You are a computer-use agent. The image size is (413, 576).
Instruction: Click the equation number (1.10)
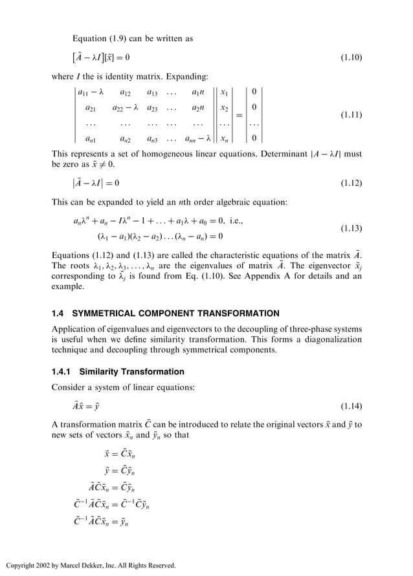coord(351,58)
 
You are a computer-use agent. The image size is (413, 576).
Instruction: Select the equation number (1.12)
coord(351,184)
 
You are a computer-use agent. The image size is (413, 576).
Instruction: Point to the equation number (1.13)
coord(351,229)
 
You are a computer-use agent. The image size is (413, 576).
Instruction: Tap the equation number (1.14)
coord(351,407)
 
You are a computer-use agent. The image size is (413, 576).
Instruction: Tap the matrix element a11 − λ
coord(91,92)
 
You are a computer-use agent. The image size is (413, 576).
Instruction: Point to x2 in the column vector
coord(225,107)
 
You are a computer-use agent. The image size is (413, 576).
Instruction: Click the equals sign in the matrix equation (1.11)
coord(239,116)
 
